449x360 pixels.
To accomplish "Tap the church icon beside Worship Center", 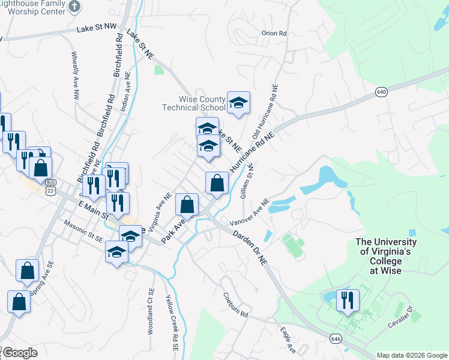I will (x=74, y=7).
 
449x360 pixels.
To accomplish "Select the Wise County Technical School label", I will (x=193, y=104).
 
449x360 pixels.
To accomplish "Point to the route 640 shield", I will (x=382, y=92).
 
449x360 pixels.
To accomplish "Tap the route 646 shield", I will (x=336, y=339).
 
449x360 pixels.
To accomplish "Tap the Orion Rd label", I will (x=274, y=34).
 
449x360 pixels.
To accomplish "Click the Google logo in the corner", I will (x=20, y=353).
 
